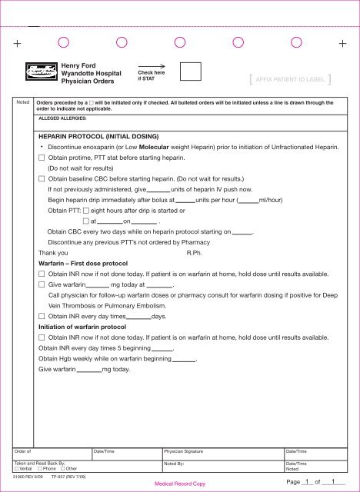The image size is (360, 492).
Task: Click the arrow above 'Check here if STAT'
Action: coord(152,66)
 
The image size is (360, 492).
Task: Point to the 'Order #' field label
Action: coord(23,450)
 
